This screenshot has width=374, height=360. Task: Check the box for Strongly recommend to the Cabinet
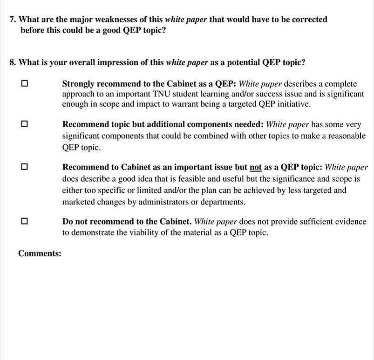(x=24, y=84)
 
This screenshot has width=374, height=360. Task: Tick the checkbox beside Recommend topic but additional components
(x=24, y=124)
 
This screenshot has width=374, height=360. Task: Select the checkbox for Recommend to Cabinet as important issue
(x=24, y=166)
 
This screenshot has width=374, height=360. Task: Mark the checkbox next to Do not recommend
(x=24, y=221)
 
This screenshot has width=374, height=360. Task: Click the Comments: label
(x=40, y=253)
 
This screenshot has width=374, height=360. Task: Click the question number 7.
(x=13, y=20)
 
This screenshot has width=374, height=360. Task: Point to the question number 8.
(x=13, y=62)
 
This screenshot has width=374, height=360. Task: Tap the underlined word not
(x=256, y=167)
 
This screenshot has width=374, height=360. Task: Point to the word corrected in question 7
(x=309, y=20)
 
